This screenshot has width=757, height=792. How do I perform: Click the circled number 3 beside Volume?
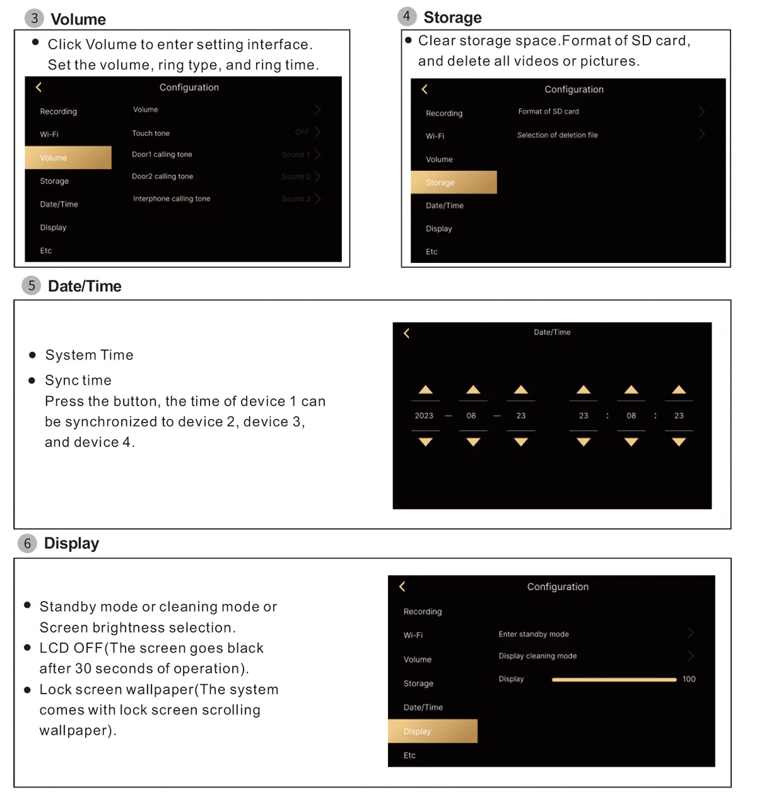(34, 18)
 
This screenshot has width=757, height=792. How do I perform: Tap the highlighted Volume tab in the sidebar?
(67, 158)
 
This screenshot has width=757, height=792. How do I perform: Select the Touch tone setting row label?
(151, 133)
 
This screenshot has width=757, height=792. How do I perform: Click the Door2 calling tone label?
(162, 177)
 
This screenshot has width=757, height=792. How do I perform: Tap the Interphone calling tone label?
(172, 199)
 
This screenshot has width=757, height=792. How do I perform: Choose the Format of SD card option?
(548, 112)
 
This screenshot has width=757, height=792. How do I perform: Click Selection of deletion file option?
(557, 135)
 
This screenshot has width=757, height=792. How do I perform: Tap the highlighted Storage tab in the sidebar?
(453, 182)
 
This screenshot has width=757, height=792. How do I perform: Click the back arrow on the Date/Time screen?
(407, 333)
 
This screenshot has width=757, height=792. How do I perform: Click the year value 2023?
(424, 416)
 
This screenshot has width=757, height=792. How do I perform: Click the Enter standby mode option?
(534, 634)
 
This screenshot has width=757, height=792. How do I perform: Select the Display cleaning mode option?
(537, 656)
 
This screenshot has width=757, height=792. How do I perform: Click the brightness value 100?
(689, 679)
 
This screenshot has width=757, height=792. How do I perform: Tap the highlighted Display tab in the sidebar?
(432, 731)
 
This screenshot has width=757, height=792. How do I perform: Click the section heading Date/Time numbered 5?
(85, 286)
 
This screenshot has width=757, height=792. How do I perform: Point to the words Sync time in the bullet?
(78, 380)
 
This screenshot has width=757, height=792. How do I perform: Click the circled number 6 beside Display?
(27, 544)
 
